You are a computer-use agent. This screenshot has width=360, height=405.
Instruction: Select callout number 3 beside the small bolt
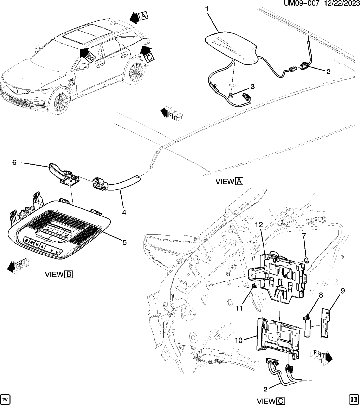[x=252, y=87]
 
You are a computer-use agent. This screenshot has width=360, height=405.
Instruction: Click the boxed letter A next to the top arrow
[x=143, y=15]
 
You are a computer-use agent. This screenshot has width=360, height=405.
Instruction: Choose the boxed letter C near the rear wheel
[x=149, y=58]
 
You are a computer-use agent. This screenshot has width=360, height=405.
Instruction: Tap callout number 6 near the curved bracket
[x=14, y=162]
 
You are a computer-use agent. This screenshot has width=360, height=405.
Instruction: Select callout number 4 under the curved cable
[x=124, y=213]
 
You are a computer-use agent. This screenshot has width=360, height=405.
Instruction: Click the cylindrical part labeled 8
[x=307, y=329]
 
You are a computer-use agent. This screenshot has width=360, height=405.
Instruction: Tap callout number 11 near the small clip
[x=239, y=307]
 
